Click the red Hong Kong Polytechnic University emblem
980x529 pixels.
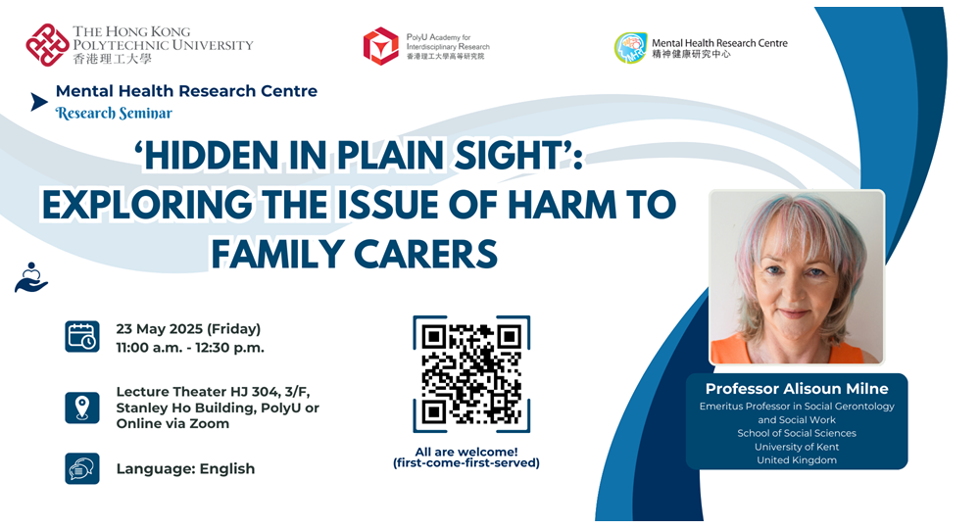[47, 45]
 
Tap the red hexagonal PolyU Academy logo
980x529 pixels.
[380, 46]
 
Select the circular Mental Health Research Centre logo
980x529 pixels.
[630, 48]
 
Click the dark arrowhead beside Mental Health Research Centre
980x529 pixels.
[39, 102]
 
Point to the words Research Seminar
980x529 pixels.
[114, 113]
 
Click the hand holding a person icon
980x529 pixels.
[31, 277]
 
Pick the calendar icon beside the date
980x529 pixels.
[82, 337]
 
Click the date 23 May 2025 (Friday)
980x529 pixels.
[188, 329]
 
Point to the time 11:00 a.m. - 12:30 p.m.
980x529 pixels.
[190, 348]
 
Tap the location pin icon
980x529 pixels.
[82, 408]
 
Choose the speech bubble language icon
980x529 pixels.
[82, 468]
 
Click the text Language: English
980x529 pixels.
[185, 469]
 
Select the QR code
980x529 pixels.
[471, 374]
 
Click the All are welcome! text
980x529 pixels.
[466, 452]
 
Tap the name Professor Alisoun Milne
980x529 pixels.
[797, 389]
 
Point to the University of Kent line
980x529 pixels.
[797, 447]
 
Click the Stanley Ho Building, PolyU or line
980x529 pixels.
[218, 408]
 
